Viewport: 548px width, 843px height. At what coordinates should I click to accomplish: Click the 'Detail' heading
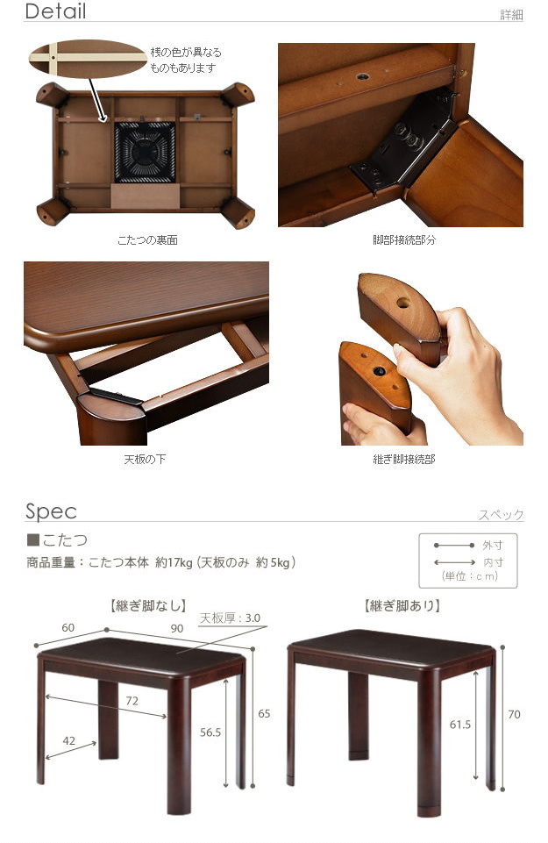click(55, 11)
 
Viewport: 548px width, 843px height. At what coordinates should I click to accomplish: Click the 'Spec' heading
click(51, 511)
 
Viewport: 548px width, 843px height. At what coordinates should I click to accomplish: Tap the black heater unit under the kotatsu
click(145, 152)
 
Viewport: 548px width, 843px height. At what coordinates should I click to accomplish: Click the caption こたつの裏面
click(148, 240)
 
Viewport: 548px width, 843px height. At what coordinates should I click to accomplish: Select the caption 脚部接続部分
click(404, 240)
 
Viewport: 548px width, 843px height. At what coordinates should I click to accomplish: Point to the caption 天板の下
click(145, 459)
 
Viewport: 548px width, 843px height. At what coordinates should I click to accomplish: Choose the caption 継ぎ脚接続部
click(404, 459)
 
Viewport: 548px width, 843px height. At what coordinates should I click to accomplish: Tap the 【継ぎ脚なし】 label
click(148, 606)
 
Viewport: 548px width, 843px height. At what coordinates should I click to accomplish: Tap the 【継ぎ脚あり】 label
click(402, 606)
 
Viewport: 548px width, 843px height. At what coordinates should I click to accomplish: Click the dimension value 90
click(177, 628)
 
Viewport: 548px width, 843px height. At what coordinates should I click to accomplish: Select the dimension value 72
click(132, 701)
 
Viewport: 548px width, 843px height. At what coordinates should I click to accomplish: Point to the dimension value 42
click(68, 740)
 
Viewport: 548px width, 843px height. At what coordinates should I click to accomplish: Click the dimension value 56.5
click(210, 732)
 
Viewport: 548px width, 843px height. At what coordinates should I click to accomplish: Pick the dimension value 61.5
click(460, 725)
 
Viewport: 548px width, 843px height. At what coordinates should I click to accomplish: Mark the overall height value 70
click(514, 714)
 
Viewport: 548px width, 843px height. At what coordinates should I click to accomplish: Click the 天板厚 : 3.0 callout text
click(230, 618)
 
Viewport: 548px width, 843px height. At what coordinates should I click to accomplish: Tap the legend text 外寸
click(493, 545)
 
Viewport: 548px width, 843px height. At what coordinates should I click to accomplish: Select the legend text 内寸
click(493, 562)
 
